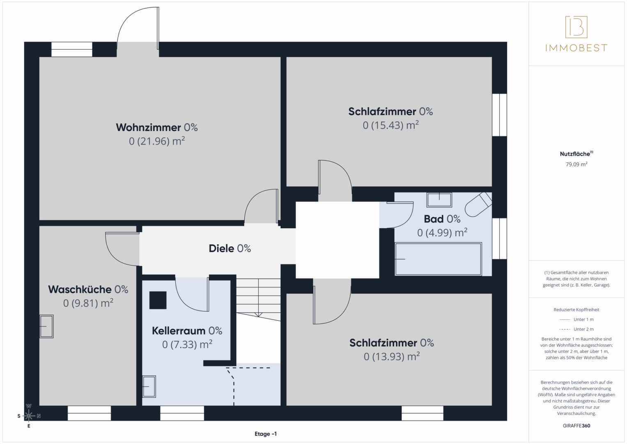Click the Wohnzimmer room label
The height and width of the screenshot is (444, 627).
click(x=157, y=127)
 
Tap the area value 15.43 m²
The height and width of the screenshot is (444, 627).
click(x=391, y=125)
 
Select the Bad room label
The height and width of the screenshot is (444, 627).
click(x=442, y=219)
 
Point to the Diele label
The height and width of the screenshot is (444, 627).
click(x=230, y=248)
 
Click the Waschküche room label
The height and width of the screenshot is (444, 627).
click(x=88, y=289)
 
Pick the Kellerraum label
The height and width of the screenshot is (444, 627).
click(x=187, y=331)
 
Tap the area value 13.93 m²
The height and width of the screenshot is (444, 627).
click(x=392, y=356)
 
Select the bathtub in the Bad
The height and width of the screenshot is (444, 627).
click(x=438, y=259)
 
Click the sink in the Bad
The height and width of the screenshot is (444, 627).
click(x=439, y=200)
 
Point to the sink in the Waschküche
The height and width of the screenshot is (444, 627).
click(x=46, y=326)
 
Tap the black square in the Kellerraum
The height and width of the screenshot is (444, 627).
click(x=158, y=300)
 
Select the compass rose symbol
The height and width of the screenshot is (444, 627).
click(x=29, y=416)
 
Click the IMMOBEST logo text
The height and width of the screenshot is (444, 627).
click(x=576, y=48)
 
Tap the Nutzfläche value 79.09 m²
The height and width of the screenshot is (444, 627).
click(x=576, y=164)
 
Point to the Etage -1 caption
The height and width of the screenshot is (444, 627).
click(x=266, y=434)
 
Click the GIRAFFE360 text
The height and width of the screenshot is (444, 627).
click(x=576, y=425)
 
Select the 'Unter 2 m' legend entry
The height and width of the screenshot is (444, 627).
click(x=576, y=329)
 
